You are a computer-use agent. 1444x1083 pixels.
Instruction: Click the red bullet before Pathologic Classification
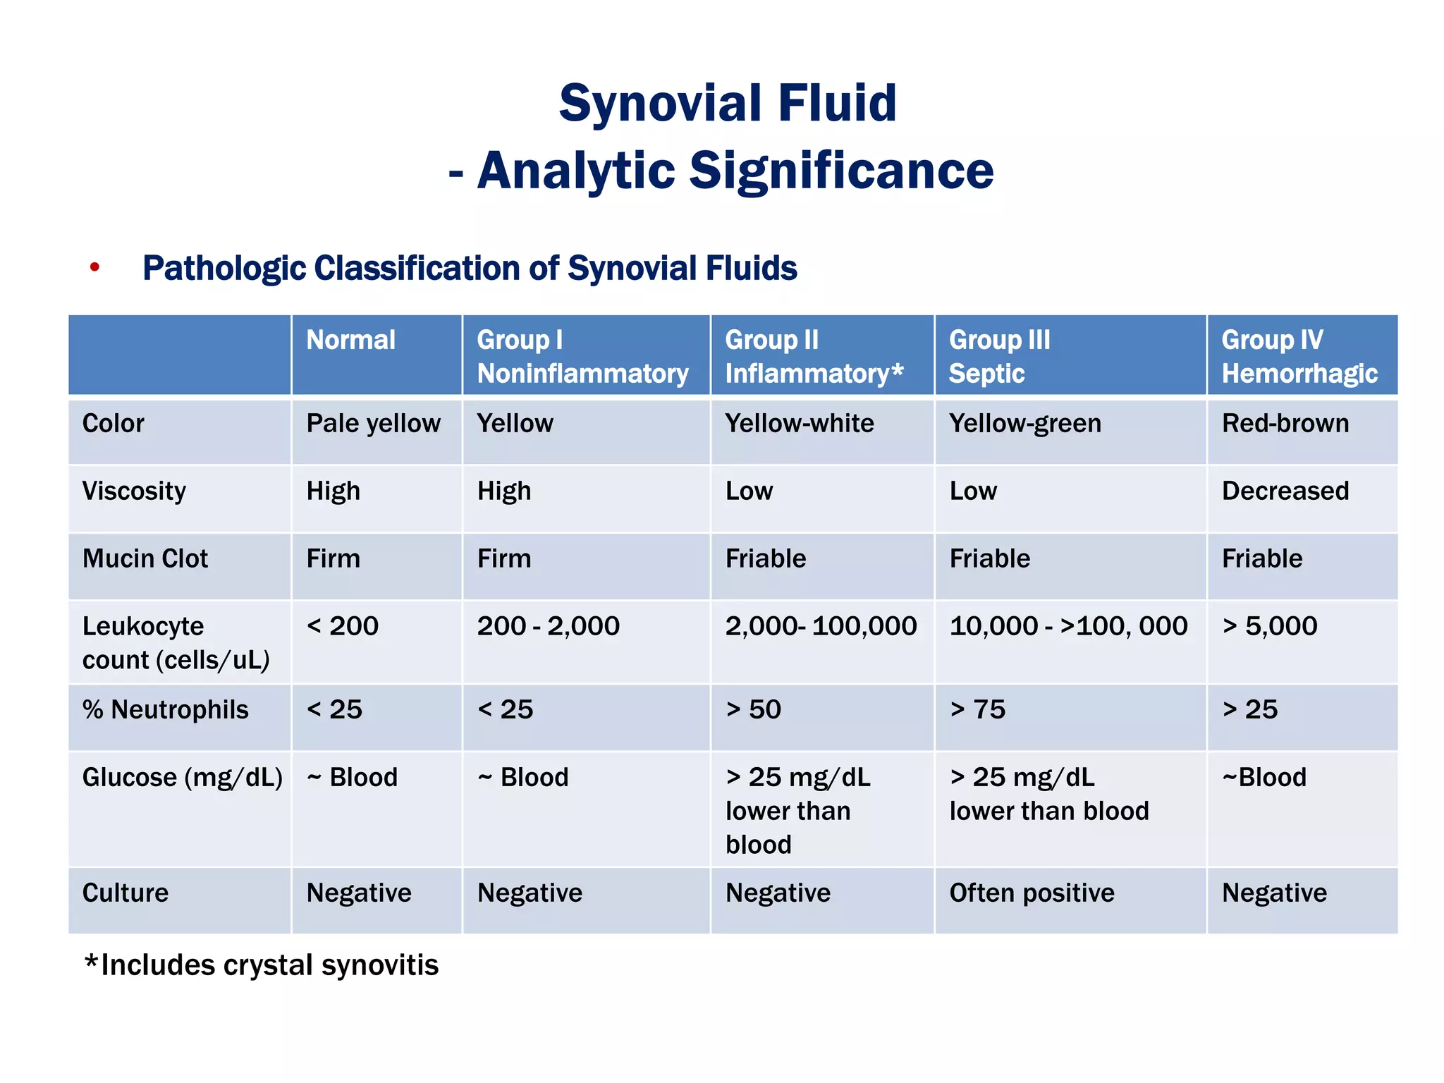(x=94, y=268)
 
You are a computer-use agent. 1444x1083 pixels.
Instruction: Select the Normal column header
(x=350, y=341)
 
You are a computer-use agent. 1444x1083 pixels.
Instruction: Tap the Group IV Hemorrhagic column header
(x=1299, y=356)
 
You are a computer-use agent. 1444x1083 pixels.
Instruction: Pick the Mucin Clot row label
(x=145, y=558)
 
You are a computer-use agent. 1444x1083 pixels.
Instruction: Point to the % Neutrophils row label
(x=166, y=709)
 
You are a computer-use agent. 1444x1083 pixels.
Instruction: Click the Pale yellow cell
(x=373, y=423)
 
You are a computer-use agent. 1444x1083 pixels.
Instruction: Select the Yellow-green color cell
(x=1024, y=423)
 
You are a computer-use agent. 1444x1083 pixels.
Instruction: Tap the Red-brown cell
(x=1285, y=423)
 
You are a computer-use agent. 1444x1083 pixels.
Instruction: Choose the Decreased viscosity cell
(x=1285, y=491)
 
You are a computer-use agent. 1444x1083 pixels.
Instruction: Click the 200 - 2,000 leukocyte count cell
(x=548, y=626)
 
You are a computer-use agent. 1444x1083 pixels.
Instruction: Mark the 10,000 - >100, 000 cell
(x=1068, y=626)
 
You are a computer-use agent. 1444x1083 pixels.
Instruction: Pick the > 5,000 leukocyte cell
(x=1269, y=626)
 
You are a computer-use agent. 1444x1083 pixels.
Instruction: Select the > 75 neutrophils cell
(x=977, y=709)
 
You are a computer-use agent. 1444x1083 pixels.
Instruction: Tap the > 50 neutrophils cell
(x=753, y=709)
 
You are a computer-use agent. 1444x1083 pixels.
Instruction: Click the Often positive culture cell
(x=1032, y=893)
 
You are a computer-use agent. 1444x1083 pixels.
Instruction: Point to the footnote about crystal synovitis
(x=261, y=965)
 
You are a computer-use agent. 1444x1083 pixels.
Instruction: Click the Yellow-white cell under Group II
(x=799, y=423)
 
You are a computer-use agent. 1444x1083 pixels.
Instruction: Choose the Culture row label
(x=126, y=893)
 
